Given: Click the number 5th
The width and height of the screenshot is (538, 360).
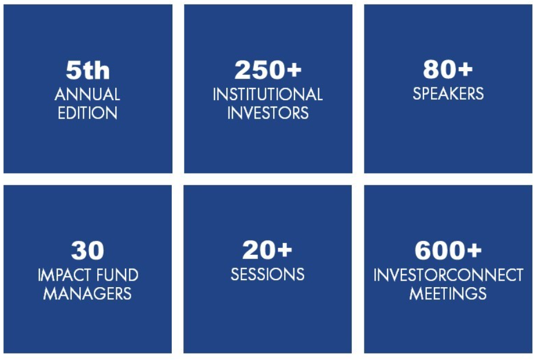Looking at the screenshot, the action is (x=88, y=70).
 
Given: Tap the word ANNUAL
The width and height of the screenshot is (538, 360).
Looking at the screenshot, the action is (x=87, y=94).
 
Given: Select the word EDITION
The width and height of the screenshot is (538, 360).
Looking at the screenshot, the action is (x=87, y=113).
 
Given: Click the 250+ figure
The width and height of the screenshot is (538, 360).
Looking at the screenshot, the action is (x=268, y=69).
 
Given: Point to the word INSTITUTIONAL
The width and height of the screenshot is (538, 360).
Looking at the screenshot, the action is (x=268, y=94).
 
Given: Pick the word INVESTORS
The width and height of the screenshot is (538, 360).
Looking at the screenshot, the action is (x=268, y=113).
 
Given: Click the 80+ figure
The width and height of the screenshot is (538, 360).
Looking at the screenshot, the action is (x=448, y=69).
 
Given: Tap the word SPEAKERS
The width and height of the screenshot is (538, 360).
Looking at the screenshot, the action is (x=448, y=94).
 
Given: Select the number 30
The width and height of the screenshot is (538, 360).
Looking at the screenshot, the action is (x=87, y=250).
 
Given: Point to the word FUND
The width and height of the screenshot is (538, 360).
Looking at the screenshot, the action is (x=117, y=275).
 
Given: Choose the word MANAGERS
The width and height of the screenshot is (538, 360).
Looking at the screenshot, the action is (x=87, y=293).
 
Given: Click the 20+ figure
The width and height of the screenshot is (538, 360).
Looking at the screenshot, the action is (x=267, y=249).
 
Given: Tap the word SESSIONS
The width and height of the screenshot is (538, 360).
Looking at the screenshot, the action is (x=268, y=274).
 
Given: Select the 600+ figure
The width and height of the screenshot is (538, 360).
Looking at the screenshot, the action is (x=448, y=250).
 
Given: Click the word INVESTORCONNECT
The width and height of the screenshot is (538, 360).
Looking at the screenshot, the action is (x=448, y=275).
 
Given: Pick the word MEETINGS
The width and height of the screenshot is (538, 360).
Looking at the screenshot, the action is (x=448, y=293).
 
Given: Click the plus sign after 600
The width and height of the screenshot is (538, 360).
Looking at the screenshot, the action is (x=474, y=250).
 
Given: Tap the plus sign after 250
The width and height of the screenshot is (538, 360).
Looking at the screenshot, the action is (x=294, y=70).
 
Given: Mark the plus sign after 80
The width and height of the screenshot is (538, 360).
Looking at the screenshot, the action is (x=465, y=69).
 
